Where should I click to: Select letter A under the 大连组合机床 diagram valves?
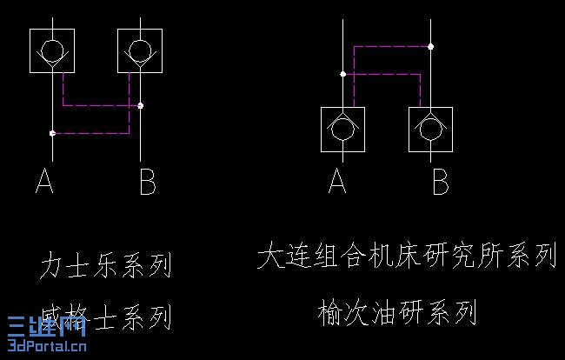(x=337, y=182)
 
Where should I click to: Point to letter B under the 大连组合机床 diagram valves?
(x=440, y=182)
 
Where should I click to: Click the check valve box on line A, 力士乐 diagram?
(x=51, y=50)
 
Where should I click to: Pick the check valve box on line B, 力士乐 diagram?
(x=140, y=50)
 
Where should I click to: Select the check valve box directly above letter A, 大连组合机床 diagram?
(x=342, y=130)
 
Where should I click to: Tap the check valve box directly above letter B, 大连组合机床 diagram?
(x=431, y=130)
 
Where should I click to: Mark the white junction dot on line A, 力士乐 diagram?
(x=52, y=133)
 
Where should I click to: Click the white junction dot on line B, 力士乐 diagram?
(x=141, y=105)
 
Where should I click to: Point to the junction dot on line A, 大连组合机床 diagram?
(x=342, y=74)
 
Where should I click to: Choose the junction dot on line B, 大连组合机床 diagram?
(x=431, y=46)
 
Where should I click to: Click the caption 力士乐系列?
(x=105, y=265)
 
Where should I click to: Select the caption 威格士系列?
(x=105, y=316)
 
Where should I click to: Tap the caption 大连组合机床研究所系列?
(x=406, y=256)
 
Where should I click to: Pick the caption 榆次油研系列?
(x=398, y=310)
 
